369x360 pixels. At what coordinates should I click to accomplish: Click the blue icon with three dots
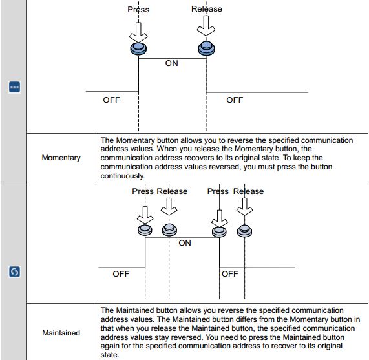tap(14, 87)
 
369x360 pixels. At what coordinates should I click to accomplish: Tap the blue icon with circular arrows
tap(14, 271)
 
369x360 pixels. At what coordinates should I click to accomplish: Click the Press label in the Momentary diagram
tap(138, 10)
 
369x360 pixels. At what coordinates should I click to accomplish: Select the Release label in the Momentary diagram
tap(207, 9)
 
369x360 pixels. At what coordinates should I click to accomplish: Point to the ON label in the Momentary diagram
tap(171, 63)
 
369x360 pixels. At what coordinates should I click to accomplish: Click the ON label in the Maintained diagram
tap(185, 243)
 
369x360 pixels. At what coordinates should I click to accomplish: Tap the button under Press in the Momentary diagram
tap(138, 48)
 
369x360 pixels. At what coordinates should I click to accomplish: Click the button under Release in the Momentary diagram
tap(206, 48)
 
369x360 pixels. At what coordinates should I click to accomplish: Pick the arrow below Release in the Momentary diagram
tap(206, 26)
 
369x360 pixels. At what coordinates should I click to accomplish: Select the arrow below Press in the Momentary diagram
tap(138, 32)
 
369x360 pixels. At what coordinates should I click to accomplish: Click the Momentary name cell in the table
tap(61, 158)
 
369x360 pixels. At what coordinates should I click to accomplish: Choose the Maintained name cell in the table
tap(61, 333)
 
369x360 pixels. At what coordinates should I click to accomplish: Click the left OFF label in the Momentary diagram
tap(111, 100)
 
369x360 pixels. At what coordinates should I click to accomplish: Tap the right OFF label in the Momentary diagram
tap(235, 100)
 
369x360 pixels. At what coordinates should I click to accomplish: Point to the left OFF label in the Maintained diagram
tap(121, 274)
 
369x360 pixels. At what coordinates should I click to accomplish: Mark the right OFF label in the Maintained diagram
tap(230, 274)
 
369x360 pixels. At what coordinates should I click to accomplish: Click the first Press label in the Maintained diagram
tap(143, 191)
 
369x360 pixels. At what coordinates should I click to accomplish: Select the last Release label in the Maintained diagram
tap(248, 191)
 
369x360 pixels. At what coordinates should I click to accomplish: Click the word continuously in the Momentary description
tap(122, 176)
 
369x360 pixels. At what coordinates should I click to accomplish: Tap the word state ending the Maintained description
tap(110, 355)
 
